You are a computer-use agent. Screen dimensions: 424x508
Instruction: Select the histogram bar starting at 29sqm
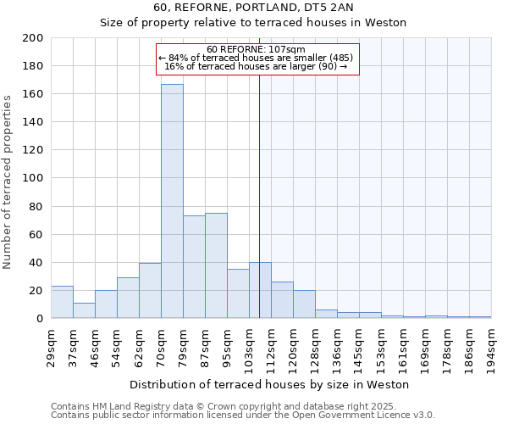[x=62, y=302]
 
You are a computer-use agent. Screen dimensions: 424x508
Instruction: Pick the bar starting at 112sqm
[x=282, y=299]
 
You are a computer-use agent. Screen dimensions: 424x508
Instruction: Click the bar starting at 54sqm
[x=128, y=298]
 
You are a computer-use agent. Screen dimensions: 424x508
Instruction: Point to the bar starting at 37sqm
[x=84, y=310]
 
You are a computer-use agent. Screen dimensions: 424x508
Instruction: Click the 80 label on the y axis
[x=36, y=206]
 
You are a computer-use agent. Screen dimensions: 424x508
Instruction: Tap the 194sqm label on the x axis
[x=491, y=348]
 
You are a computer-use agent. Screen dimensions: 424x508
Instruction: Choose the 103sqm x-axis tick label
[x=249, y=348]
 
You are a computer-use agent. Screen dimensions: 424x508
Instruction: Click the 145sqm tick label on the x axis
[x=359, y=348]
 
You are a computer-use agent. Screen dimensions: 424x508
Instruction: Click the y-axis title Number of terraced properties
[x=8, y=181]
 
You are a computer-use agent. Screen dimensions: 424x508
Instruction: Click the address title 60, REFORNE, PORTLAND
[x=253, y=8]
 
